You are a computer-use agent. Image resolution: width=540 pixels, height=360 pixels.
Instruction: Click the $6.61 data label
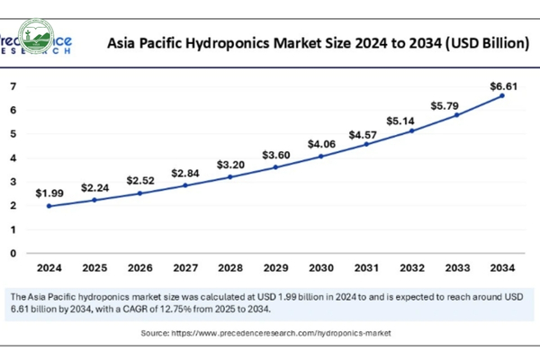pos(502,85)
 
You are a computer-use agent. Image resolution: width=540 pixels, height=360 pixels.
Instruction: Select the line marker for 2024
pos(49,206)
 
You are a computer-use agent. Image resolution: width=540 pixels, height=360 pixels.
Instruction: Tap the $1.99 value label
pos(49,193)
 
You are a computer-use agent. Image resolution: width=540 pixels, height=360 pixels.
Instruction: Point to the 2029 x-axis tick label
pos(275,267)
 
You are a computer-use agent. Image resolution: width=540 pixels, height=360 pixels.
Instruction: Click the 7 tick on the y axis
pos(13,86)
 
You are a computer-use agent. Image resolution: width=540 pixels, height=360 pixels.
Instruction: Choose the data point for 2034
pos(502,95)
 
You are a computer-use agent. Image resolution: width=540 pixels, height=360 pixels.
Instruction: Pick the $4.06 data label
pos(321,144)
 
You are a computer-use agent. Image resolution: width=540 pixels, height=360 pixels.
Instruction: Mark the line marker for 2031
pos(366,144)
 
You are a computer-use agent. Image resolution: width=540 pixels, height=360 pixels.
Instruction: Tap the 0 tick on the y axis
pos(13,253)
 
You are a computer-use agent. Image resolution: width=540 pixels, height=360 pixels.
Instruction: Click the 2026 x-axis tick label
pos(139,267)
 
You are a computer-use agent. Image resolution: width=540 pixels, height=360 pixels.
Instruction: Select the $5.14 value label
pos(411,120)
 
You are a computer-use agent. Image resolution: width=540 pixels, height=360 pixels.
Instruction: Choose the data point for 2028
pos(230,176)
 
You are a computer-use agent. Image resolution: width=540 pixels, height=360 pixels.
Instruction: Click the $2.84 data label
pos(185,173)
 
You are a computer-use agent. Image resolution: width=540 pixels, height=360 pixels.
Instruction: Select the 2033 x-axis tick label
pos(456,267)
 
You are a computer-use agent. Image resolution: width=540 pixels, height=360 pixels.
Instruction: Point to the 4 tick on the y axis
pos(13,157)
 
